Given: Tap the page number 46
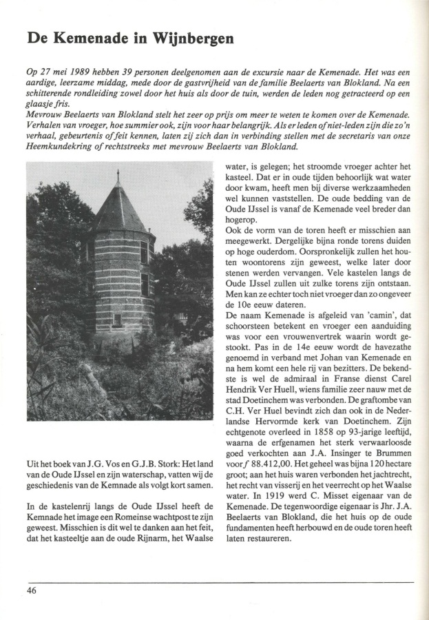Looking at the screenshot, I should click(x=32, y=591).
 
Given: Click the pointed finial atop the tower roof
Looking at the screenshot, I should click(x=118, y=177).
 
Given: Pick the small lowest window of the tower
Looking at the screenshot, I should click(x=118, y=320).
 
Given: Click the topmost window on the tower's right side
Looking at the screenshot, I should click(x=144, y=251).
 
